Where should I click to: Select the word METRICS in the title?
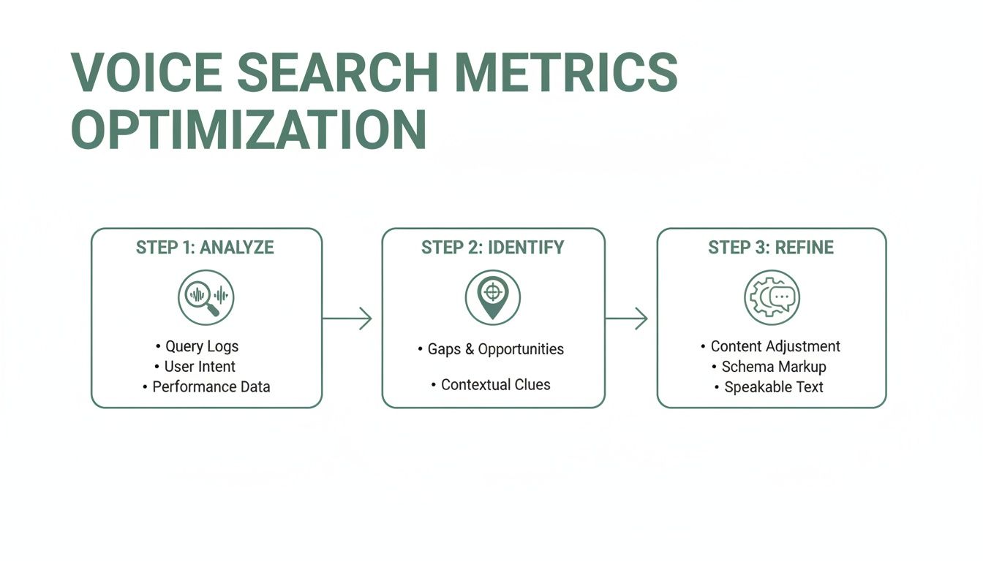[566, 72]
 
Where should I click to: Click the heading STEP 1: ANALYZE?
[205, 248]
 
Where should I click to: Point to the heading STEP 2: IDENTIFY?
[493, 248]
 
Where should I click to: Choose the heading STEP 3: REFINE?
[771, 248]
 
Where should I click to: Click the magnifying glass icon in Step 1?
[206, 297]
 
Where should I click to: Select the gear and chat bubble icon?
[772, 297]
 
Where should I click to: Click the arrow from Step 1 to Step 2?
[347, 318]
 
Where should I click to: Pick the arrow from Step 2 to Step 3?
[627, 318]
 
